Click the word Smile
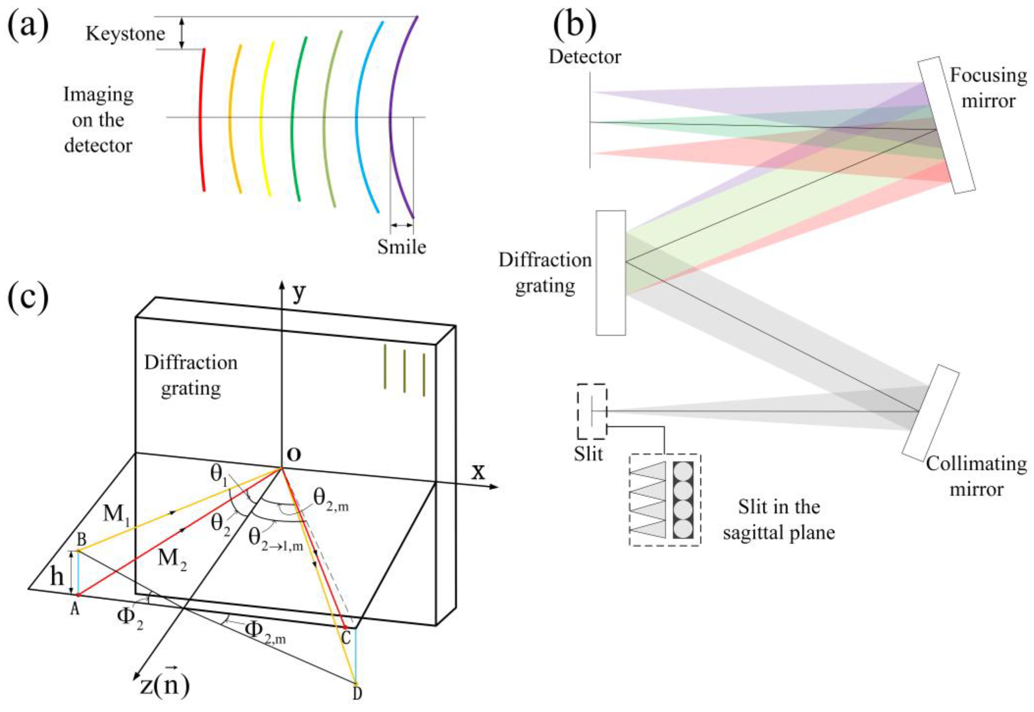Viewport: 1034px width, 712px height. click(401, 247)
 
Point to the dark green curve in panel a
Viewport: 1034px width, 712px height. click(293, 121)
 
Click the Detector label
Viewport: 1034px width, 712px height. click(585, 57)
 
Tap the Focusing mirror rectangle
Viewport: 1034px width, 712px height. click(946, 125)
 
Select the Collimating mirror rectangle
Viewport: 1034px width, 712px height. click(930, 413)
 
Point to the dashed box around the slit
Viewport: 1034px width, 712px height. click(592, 411)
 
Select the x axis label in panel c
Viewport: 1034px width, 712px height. click(478, 472)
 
